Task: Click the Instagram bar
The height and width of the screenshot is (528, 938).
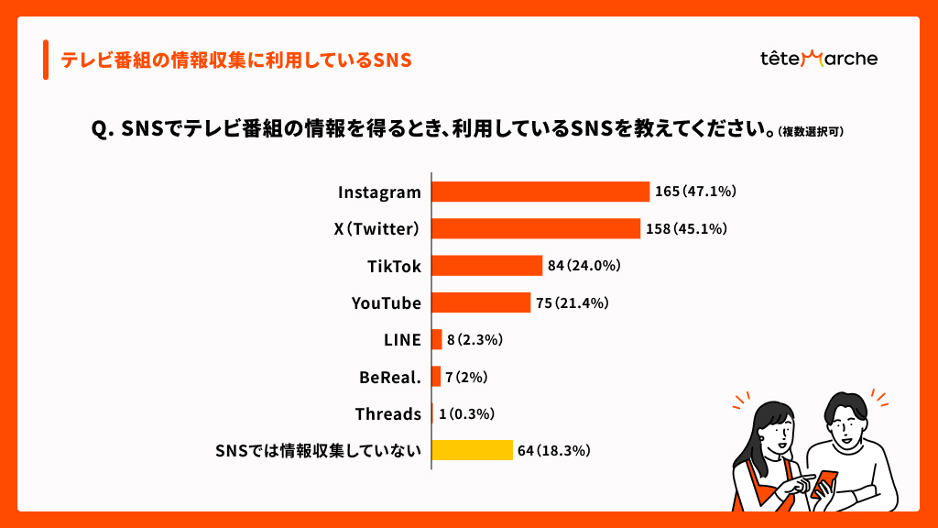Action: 540,192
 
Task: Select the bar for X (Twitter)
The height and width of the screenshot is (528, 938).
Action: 536,228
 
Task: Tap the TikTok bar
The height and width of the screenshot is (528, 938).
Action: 486,266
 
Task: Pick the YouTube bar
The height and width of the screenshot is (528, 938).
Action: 481,302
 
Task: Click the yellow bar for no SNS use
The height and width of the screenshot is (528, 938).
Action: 472,450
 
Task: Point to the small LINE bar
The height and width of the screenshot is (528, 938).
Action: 437,339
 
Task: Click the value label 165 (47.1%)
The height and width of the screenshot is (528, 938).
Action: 695,192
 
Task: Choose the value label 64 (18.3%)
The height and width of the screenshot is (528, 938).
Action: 553,450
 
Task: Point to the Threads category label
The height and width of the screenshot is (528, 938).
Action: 388,413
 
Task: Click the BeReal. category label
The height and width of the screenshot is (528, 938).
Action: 390,377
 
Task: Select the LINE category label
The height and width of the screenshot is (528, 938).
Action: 402,339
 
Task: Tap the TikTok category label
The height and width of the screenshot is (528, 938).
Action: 394,266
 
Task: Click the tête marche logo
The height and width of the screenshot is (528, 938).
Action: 818,59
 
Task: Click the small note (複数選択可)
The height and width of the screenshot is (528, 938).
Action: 811,131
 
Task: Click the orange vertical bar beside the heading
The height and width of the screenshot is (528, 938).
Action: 45,60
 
